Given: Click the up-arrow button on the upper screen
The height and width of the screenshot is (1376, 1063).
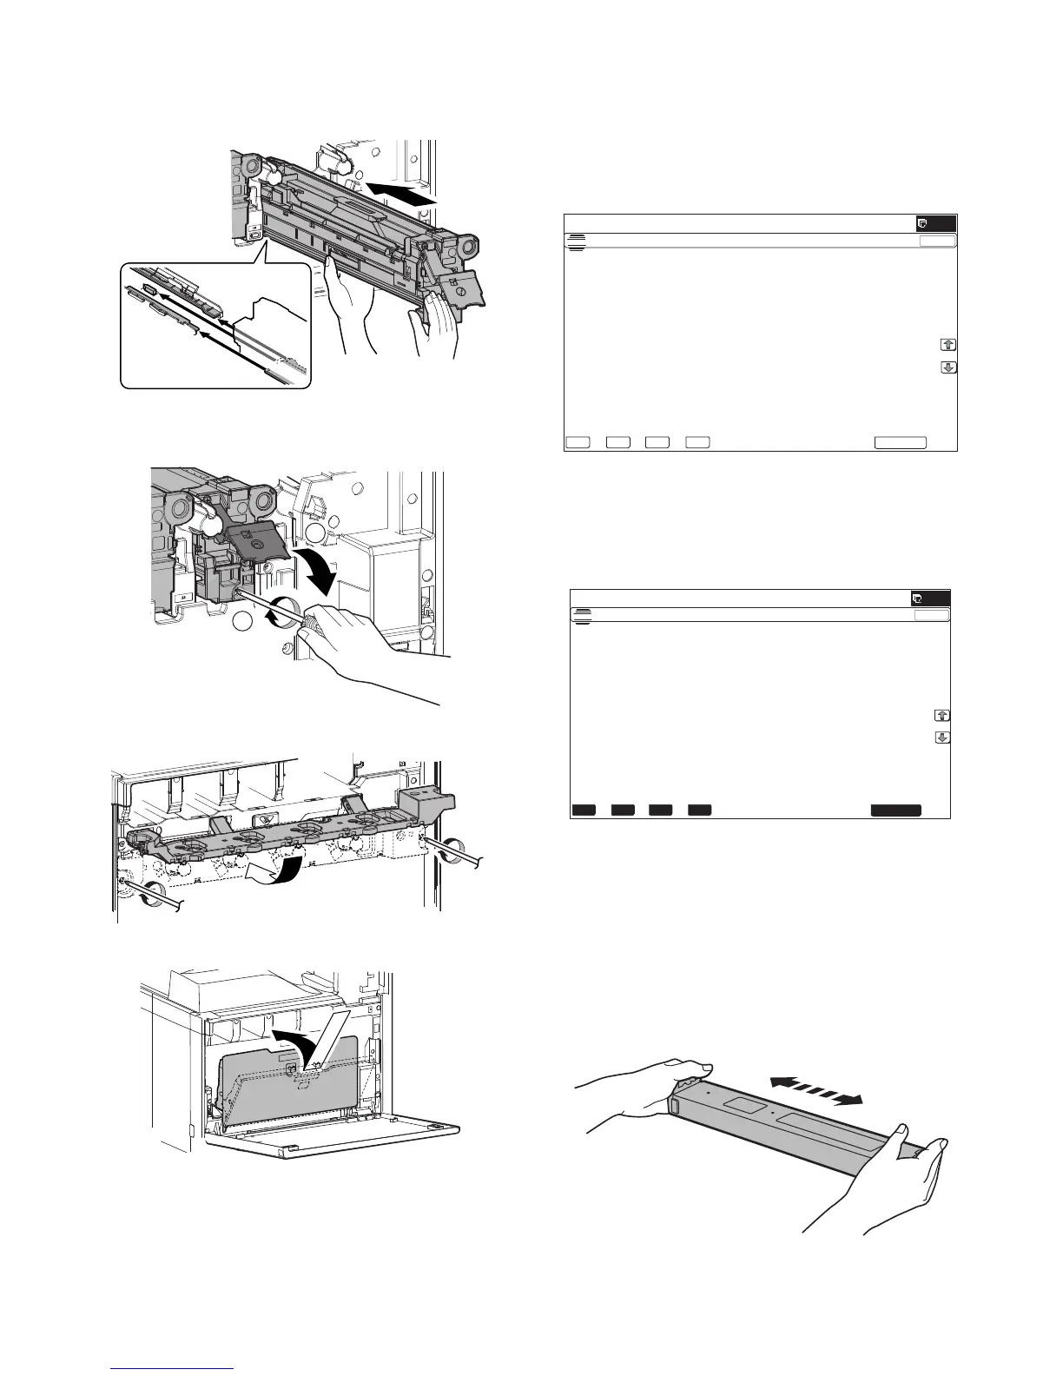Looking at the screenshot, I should [x=948, y=345].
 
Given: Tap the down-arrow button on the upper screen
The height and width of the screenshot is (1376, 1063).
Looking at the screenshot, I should [x=948, y=367].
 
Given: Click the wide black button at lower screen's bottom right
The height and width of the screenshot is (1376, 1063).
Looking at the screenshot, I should [x=896, y=810].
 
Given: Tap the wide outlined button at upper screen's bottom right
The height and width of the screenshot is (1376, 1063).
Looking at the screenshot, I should [x=900, y=442].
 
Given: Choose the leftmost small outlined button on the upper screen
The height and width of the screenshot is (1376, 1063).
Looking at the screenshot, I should [x=578, y=442].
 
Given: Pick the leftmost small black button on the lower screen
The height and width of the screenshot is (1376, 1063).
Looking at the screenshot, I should [x=584, y=810].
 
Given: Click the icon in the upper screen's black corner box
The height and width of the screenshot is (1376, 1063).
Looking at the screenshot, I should [x=923, y=223].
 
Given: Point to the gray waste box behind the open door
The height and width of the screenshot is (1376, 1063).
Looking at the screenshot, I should [x=287, y=1077].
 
